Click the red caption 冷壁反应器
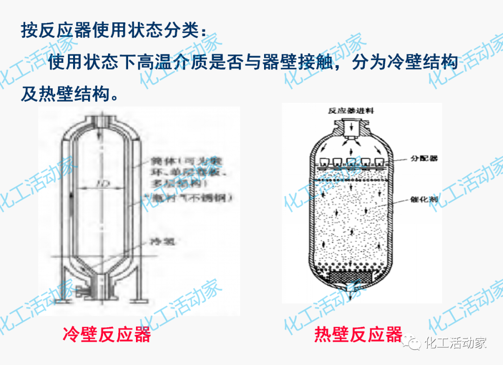point(107,334)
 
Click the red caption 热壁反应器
point(358,334)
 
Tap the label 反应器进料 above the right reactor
point(350,111)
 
